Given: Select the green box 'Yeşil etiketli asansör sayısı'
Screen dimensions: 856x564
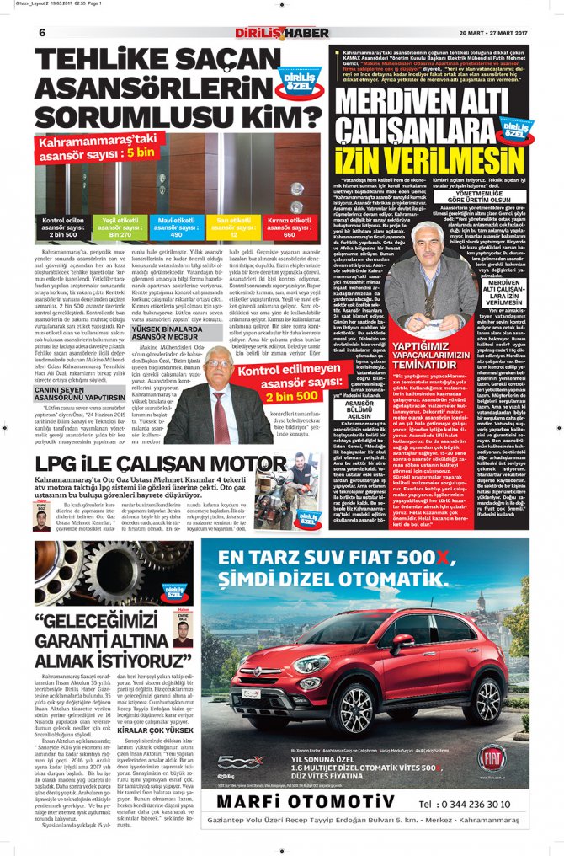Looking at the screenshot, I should [x=114, y=227].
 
